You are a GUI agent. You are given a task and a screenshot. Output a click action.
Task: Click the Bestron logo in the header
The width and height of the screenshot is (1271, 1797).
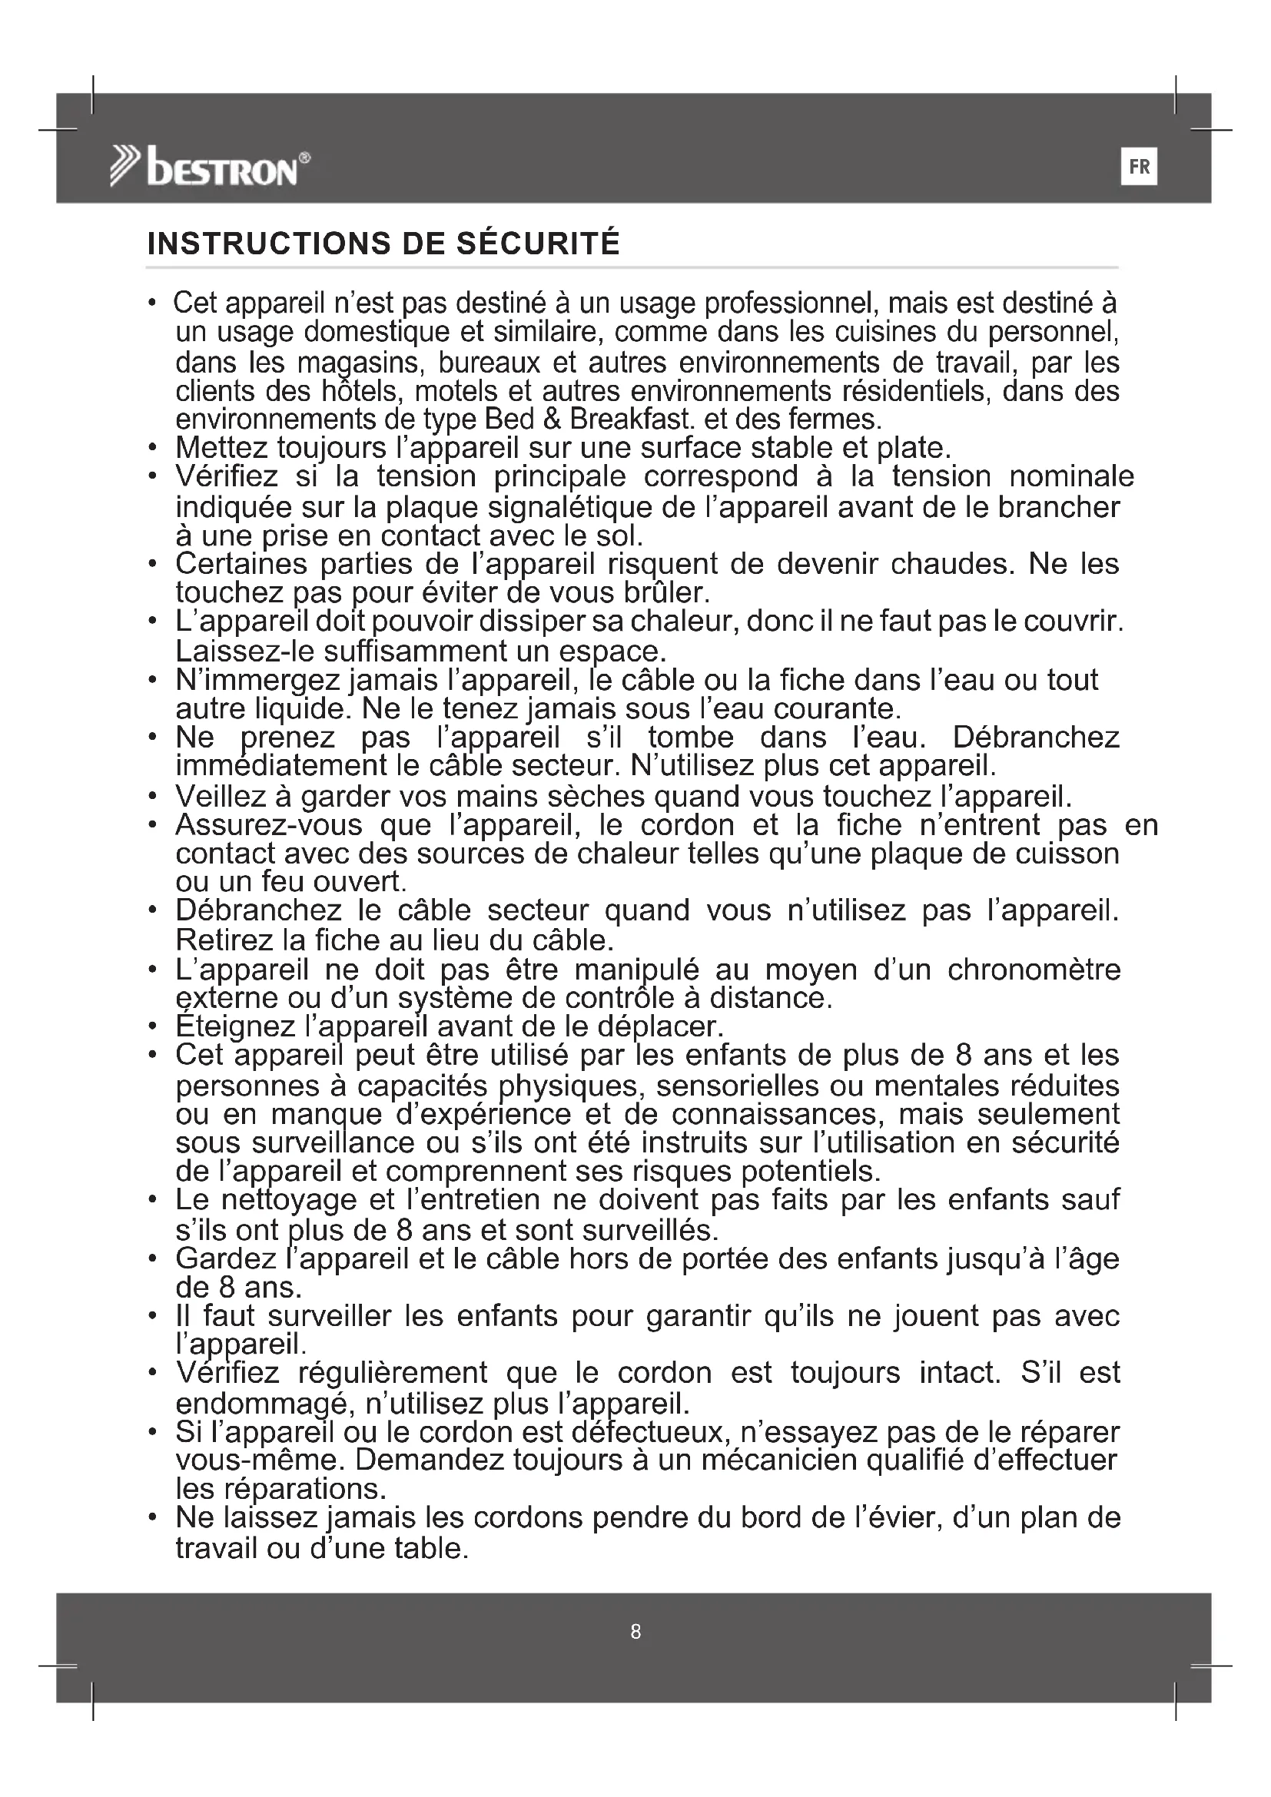tap(210, 167)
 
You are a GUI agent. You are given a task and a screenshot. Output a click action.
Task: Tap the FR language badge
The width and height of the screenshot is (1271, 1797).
tap(1139, 167)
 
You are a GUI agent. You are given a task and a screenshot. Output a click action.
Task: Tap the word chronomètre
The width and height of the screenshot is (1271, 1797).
tap(1034, 970)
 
